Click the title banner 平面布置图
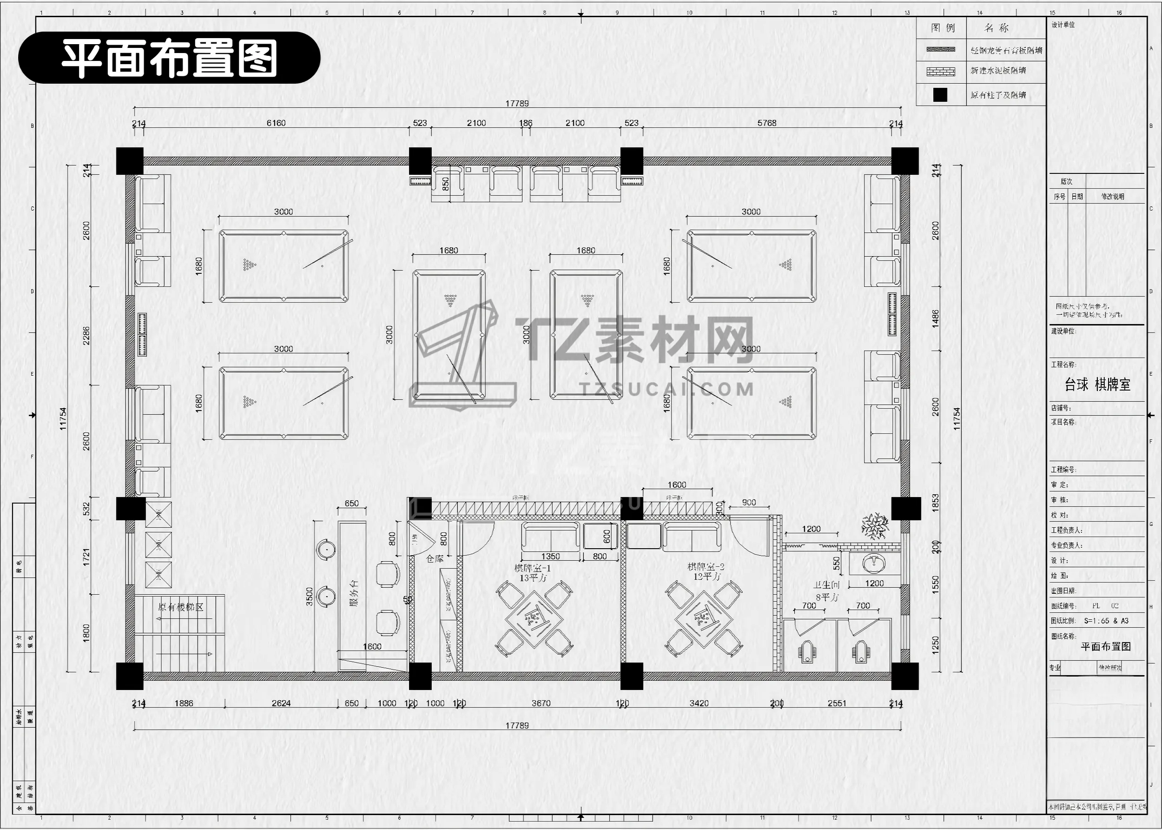coord(169,58)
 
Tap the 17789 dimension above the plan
coord(517,103)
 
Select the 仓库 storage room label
coord(435,559)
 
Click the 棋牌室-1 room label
coord(532,568)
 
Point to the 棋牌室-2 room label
coord(706,567)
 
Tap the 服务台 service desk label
coord(353,593)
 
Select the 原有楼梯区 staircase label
coord(180,607)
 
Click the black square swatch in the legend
coord(940,95)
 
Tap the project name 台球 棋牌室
coord(1097,385)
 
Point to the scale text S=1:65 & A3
coord(1106,621)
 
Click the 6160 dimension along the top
coord(276,123)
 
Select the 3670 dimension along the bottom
coord(541,703)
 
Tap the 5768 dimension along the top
coord(766,123)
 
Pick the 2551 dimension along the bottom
coord(837,703)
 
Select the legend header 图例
coord(942,27)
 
